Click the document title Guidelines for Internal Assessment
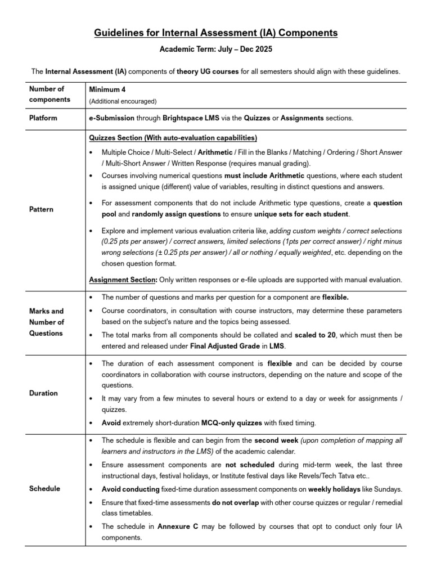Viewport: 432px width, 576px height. [x=215, y=33]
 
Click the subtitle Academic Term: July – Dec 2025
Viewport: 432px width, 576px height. [x=216, y=49]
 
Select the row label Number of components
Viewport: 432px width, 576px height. [x=47, y=94]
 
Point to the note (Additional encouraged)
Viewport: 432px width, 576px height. [x=123, y=101]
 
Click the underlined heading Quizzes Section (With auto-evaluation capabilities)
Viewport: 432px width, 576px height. [x=173, y=138]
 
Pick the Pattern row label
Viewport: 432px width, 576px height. [x=41, y=209]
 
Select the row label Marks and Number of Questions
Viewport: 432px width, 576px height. [x=47, y=322]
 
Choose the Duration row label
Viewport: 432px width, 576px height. [x=43, y=393]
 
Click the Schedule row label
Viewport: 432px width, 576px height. [x=44, y=489]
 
